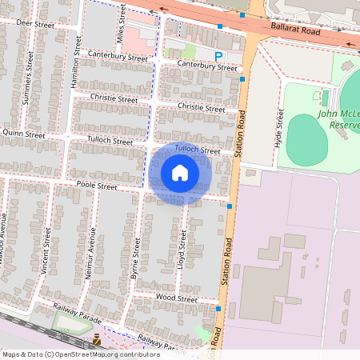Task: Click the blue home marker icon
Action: [x=180, y=173]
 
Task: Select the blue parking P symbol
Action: [x=218, y=55]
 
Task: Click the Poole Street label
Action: [x=97, y=186]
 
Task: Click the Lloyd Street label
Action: [x=183, y=249]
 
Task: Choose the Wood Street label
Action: [x=177, y=298]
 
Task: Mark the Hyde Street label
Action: [x=280, y=127]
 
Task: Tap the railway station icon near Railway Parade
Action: [x=97, y=339]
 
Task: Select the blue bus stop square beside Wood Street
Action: [x=218, y=308]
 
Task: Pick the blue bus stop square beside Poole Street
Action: [x=230, y=206]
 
